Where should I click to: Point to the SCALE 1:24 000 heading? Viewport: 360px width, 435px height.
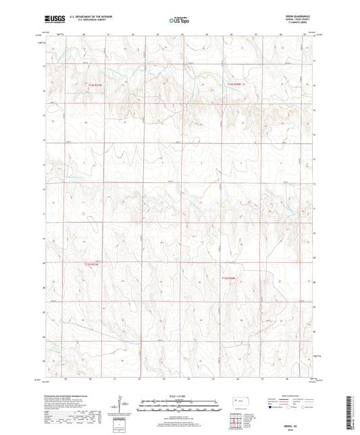point(180,396)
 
